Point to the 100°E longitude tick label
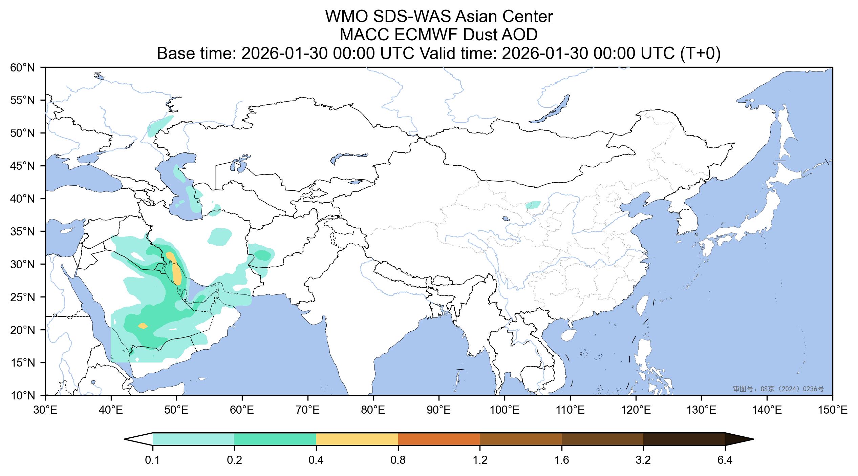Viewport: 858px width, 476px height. [505, 411]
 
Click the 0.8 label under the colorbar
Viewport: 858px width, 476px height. [398, 461]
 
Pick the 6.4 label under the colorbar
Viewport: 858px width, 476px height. [725, 461]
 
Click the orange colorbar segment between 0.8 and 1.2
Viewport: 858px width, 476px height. [439, 439]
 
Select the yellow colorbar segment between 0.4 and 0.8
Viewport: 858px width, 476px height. [357, 439]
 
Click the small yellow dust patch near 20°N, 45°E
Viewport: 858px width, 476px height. [143, 326]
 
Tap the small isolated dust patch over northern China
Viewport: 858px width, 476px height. [533, 205]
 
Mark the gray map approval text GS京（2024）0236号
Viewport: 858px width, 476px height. [778, 389]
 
